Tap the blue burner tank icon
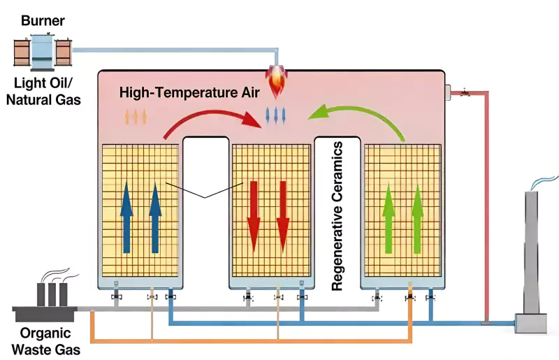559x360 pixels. click(x=43, y=51)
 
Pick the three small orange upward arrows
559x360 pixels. click(x=136, y=116)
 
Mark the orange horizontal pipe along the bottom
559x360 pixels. click(x=252, y=341)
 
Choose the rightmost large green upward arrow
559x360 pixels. click(x=417, y=219)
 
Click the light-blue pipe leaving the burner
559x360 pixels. click(x=175, y=50)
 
